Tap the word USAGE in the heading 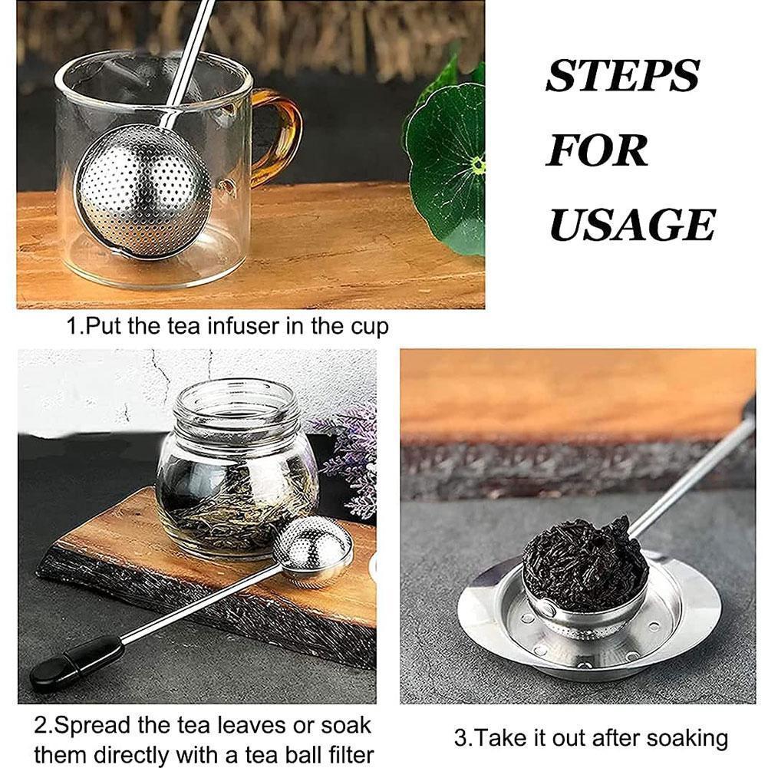tap(632, 225)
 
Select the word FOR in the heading tap(597, 151)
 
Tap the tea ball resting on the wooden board tap(313, 549)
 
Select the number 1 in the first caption tap(71, 326)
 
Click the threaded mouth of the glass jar tap(235, 403)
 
